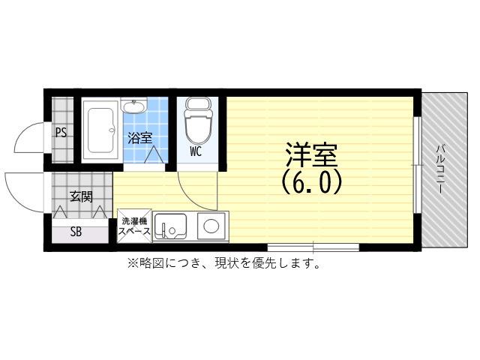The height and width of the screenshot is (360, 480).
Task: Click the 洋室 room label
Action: (311, 155)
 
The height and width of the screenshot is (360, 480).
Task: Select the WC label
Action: (196, 151)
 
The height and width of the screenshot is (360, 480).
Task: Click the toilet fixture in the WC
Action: (198, 121)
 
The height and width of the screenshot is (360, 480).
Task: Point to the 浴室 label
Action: (140, 138)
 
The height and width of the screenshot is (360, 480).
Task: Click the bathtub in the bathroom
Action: (100, 130)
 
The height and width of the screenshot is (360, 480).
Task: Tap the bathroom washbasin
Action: (133, 106)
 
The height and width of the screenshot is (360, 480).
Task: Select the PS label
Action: (61, 133)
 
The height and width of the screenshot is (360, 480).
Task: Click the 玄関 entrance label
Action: (81, 196)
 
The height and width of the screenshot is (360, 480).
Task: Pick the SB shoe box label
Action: (76, 232)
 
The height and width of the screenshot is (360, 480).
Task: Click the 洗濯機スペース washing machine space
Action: (135, 226)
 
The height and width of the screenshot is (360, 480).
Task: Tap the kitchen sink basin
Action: (170, 226)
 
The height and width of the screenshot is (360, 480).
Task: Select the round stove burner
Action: (211, 226)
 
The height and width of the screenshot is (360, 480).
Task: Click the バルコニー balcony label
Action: (440, 169)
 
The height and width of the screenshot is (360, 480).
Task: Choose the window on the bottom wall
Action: (313, 247)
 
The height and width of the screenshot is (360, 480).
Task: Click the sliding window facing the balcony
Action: (417, 164)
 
